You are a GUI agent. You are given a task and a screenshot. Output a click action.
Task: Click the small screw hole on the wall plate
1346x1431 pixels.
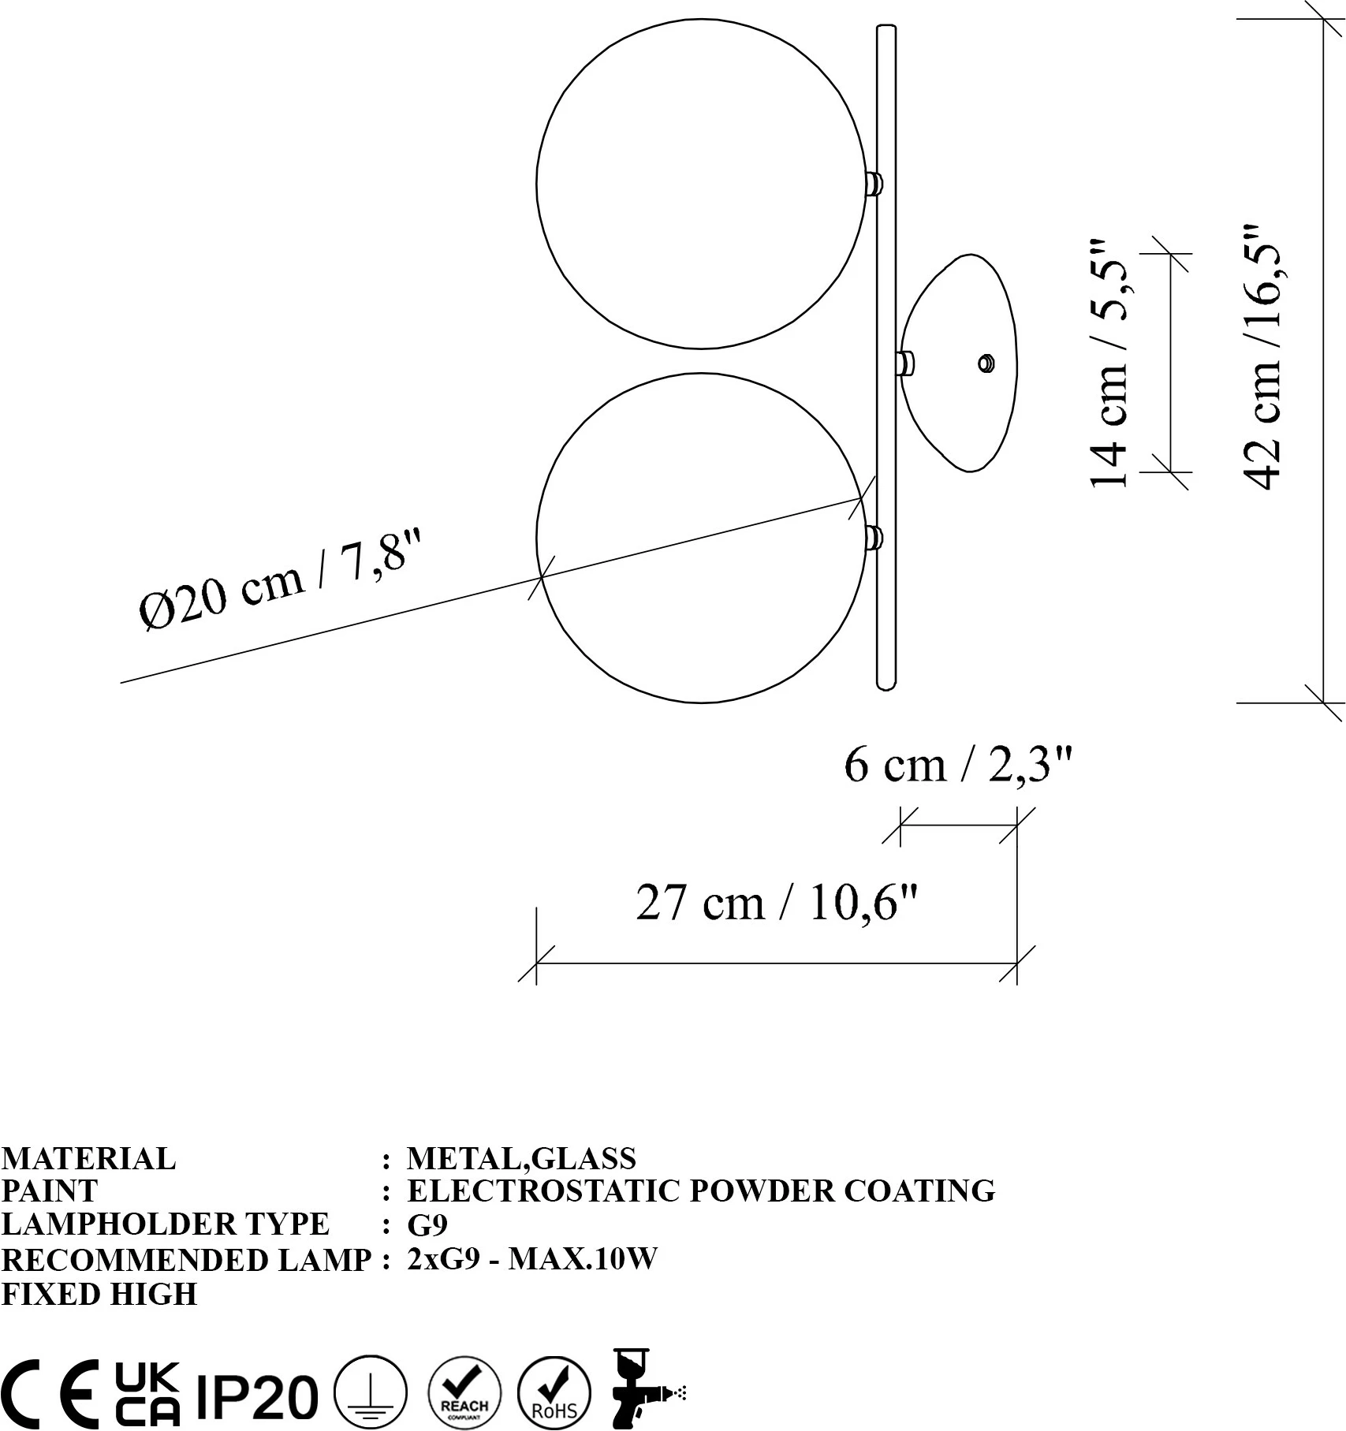click(986, 363)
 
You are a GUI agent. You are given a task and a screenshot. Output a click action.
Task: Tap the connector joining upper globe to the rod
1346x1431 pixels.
click(874, 184)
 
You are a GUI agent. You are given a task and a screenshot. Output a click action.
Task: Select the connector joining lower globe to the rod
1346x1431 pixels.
click(874, 538)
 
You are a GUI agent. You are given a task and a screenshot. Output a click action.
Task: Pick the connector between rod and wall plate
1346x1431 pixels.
click(905, 363)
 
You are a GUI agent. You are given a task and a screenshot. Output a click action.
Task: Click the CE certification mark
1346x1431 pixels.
click(50, 1394)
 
